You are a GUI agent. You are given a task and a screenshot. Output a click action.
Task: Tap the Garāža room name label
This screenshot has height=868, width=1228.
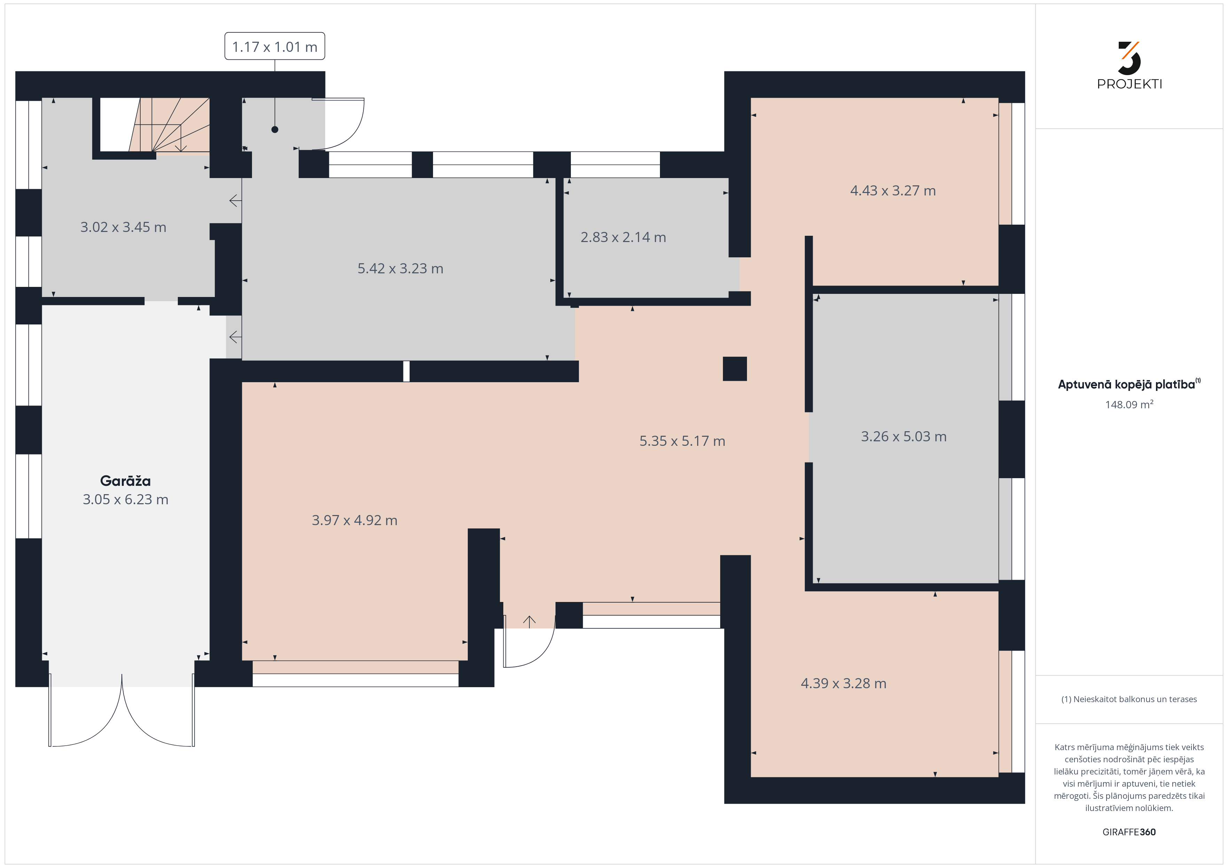click(125, 481)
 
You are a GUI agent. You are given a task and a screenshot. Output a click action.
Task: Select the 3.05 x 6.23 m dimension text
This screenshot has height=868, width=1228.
click(125, 499)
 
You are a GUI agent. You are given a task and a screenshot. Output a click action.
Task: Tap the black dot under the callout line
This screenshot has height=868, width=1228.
click(275, 129)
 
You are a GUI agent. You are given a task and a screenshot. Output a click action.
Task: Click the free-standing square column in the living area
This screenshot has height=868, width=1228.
click(734, 369)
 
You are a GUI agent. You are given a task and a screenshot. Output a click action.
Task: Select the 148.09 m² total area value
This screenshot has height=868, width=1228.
click(1129, 404)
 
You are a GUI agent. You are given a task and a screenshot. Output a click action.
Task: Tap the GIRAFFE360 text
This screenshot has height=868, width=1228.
click(1129, 832)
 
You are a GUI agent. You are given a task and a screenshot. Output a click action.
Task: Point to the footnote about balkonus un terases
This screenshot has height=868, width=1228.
click(1129, 699)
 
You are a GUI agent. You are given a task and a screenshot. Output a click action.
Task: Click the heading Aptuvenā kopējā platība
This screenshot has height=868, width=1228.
click(1126, 384)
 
